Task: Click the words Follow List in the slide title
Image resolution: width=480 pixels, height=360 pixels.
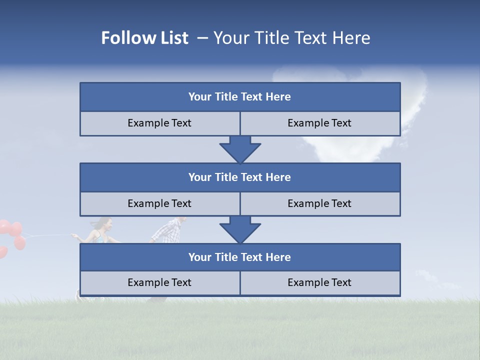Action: pyautogui.click(x=144, y=38)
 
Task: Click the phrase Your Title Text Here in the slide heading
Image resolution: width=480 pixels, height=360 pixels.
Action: pyautogui.click(x=291, y=38)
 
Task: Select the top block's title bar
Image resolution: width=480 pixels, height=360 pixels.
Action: pyautogui.click(x=240, y=97)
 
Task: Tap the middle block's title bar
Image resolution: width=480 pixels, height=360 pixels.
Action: pyautogui.click(x=240, y=177)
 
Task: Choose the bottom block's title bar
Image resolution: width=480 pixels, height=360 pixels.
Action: pyautogui.click(x=240, y=257)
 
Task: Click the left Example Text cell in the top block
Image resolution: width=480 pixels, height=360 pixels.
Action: pyautogui.click(x=159, y=123)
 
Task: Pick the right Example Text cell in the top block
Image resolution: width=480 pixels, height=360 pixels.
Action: pyautogui.click(x=319, y=123)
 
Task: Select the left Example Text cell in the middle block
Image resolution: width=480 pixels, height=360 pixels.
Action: pyautogui.click(x=159, y=203)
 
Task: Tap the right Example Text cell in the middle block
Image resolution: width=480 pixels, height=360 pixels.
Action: pyautogui.click(x=319, y=203)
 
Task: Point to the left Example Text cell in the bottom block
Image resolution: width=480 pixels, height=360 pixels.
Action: pyautogui.click(x=159, y=282)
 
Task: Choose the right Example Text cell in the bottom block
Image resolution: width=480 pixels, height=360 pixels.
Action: pyautogui.click(x=319, y=282)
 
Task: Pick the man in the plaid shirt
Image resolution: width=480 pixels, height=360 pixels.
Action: pyautogui.click(x=169, y=230)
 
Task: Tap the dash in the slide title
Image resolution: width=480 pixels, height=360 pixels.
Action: pyautogui.click(x=202, y=38)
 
